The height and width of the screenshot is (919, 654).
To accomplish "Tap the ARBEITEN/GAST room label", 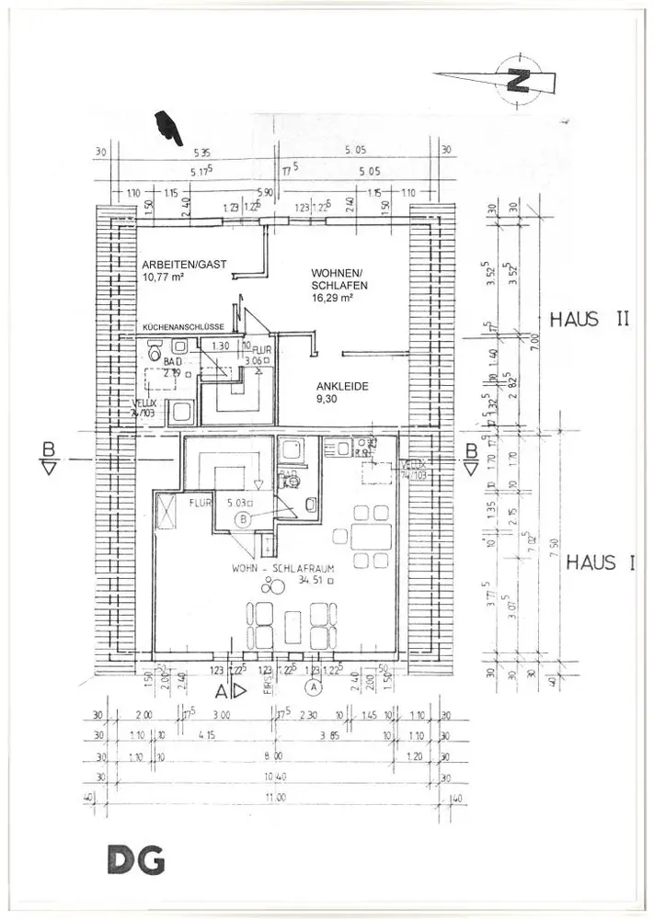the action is (x=184, y=265).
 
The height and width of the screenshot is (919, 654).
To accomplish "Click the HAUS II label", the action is (x=589, y=320).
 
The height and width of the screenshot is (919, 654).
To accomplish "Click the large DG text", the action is (x=135, y=861).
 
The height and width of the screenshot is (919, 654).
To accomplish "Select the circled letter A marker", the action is (x=315, y=686).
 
